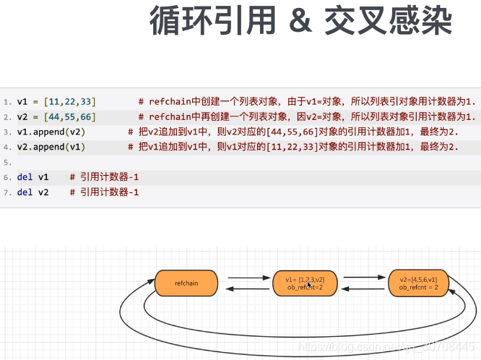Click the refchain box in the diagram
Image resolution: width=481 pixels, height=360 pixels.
point(186,283)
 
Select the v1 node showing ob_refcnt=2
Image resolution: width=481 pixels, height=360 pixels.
point(304,283)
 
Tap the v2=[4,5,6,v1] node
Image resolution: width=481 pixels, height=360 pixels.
point(418,283)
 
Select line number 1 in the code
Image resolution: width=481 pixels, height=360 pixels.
point(6,101)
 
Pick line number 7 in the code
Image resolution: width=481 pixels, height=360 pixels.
point(6,192)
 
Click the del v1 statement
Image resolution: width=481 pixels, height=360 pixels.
point(32,177)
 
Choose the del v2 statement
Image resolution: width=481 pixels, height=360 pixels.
point(32,192)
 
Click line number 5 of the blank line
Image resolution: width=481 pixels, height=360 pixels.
point(6,162)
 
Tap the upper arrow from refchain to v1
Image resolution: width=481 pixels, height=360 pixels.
point(249,277)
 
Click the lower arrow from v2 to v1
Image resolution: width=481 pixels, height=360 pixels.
point(365,289)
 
